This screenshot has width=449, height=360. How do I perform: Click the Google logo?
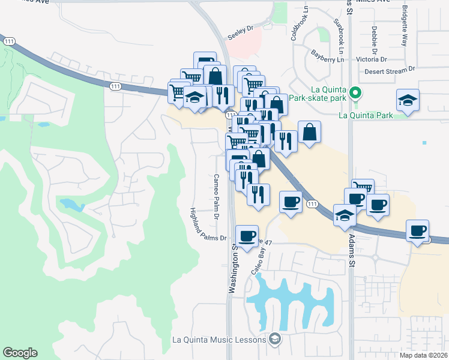[x=20, y=353]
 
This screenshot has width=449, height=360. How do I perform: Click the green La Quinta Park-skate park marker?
[x=355, y=93]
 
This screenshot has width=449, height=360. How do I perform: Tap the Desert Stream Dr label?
[x=390, y=72]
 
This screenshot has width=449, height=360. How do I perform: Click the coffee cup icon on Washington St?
[x=247, y=235]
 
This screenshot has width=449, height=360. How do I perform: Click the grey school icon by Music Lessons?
[x=275, y=340]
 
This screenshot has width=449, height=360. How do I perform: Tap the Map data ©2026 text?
[x=424, y=355]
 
